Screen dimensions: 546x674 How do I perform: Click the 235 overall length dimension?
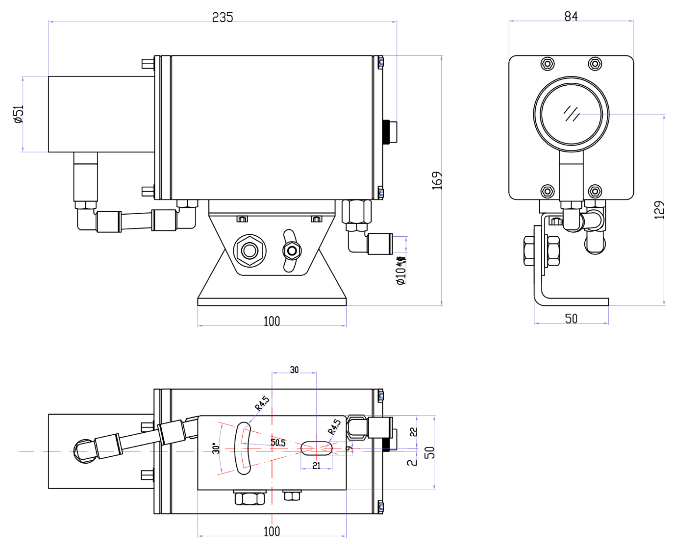point(222,17)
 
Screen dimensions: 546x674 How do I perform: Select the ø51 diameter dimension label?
point(18,114)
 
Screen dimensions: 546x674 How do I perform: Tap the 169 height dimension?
point(436,180)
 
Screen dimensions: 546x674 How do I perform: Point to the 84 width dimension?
point(571,16)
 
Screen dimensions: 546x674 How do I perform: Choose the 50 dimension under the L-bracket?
point(571,319)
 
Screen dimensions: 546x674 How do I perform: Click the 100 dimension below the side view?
point(272,322)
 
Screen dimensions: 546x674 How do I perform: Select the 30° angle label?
point(216,448)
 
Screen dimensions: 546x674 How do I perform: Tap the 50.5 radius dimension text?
point(278,443)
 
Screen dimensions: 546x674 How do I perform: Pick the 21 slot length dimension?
point(316,466)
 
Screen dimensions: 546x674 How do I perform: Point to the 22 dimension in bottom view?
point(413,432)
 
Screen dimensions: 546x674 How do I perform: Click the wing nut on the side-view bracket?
point(292,251)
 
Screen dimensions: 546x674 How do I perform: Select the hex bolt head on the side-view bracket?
point(250,251)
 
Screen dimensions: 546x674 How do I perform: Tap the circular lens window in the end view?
point(571,114)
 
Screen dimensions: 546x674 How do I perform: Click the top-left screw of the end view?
point(548,64)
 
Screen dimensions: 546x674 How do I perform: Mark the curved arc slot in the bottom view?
point(243,448)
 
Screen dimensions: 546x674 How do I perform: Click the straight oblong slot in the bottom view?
point(316,448)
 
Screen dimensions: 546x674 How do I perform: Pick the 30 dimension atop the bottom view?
point(294,370)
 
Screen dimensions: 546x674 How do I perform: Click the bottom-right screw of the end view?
point(595,191)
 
